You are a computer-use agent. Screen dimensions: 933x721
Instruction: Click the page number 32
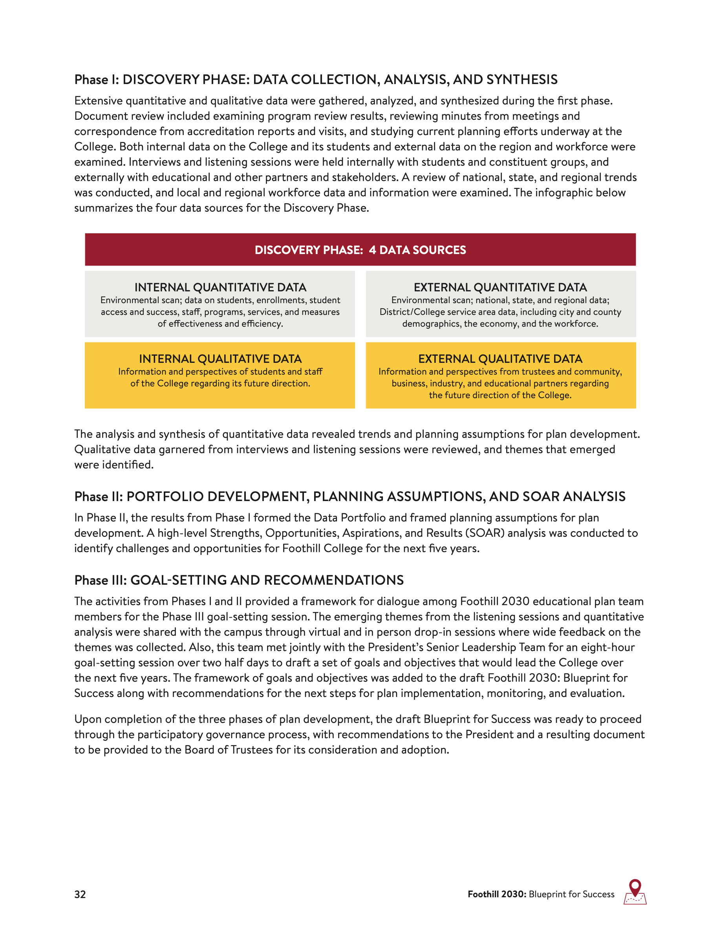coord(80,894)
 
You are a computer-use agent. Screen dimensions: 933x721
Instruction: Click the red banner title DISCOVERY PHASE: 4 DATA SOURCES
coord(360,250)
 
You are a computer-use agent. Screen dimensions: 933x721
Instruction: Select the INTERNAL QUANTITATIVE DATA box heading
coord(220,287)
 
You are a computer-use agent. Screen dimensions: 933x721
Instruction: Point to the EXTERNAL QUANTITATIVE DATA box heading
coord(500,287)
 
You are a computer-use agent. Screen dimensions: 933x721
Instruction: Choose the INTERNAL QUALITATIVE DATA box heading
coord(220,359)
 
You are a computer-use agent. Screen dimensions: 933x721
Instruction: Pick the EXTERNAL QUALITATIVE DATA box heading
coord(500,359)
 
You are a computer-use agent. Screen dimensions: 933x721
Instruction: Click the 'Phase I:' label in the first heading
coord(97,80)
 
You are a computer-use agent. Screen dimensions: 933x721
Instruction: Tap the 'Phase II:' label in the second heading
coord(99,497)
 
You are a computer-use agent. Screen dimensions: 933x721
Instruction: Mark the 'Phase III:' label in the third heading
coord(101,580)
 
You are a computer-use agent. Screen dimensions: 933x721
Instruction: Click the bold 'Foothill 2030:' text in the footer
coord(497,894)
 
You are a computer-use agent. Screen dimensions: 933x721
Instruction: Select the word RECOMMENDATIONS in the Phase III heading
coord(333,580)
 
